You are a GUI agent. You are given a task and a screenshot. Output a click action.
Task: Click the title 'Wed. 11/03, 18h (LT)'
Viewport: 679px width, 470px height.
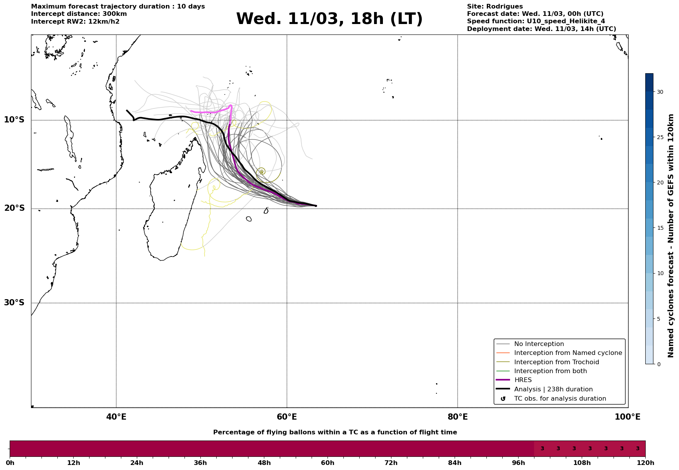coord(329,19)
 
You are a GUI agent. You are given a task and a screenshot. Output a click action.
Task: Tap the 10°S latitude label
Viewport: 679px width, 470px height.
coord(14,120)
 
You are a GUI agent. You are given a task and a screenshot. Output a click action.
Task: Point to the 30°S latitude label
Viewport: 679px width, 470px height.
coord(14,303)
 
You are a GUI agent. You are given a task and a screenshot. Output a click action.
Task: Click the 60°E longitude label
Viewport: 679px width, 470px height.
coord(287,417)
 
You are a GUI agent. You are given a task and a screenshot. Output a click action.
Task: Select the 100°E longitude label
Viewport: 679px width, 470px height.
coord(627,417)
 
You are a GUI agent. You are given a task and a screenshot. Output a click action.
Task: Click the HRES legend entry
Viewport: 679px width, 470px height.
coord(523,380)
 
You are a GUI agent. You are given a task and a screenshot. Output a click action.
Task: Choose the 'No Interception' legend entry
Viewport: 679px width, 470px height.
coord(539,344)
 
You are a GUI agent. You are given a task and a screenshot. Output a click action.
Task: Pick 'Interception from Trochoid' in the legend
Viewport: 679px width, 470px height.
coord(556,362)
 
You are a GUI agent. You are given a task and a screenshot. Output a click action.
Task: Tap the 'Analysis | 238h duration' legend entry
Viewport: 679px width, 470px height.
coord(553,389)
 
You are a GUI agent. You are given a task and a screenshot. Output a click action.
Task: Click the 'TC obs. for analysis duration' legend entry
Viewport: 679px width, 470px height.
coord(560,399)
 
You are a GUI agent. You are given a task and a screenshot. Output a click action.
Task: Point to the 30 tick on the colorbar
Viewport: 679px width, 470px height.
coord(660,92)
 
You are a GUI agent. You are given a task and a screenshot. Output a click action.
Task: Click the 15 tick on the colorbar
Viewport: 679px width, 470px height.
coord(660,228)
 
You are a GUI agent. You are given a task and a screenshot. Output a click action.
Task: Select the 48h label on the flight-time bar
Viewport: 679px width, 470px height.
coord(264,463)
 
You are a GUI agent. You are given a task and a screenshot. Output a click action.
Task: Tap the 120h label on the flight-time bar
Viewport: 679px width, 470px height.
coord(645,463)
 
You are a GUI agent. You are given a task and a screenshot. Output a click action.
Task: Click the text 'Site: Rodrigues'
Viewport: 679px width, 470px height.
coord(495,7)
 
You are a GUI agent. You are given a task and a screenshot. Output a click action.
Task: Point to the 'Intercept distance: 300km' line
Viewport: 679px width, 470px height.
coord(79,14)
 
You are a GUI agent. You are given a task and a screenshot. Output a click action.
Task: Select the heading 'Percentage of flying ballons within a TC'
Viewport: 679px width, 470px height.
coord(335,432)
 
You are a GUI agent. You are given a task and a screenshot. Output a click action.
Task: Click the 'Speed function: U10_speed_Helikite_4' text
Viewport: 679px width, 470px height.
coord(536,21)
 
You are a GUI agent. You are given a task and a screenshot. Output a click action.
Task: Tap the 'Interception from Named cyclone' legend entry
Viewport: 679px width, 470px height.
coord(568,353)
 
